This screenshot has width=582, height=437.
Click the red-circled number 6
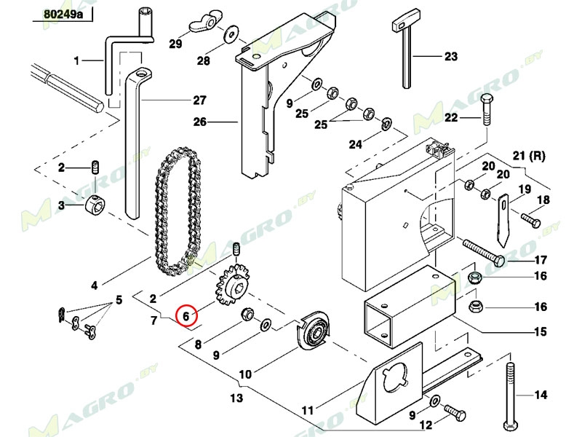click(186, 315)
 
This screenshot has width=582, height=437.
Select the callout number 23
click(451, 56)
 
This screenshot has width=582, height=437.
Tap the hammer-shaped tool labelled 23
click(405, 51)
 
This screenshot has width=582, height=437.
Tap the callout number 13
click(236, 398)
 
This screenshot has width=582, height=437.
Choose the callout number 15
click(540, 332)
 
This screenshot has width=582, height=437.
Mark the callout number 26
click(199, 122)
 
